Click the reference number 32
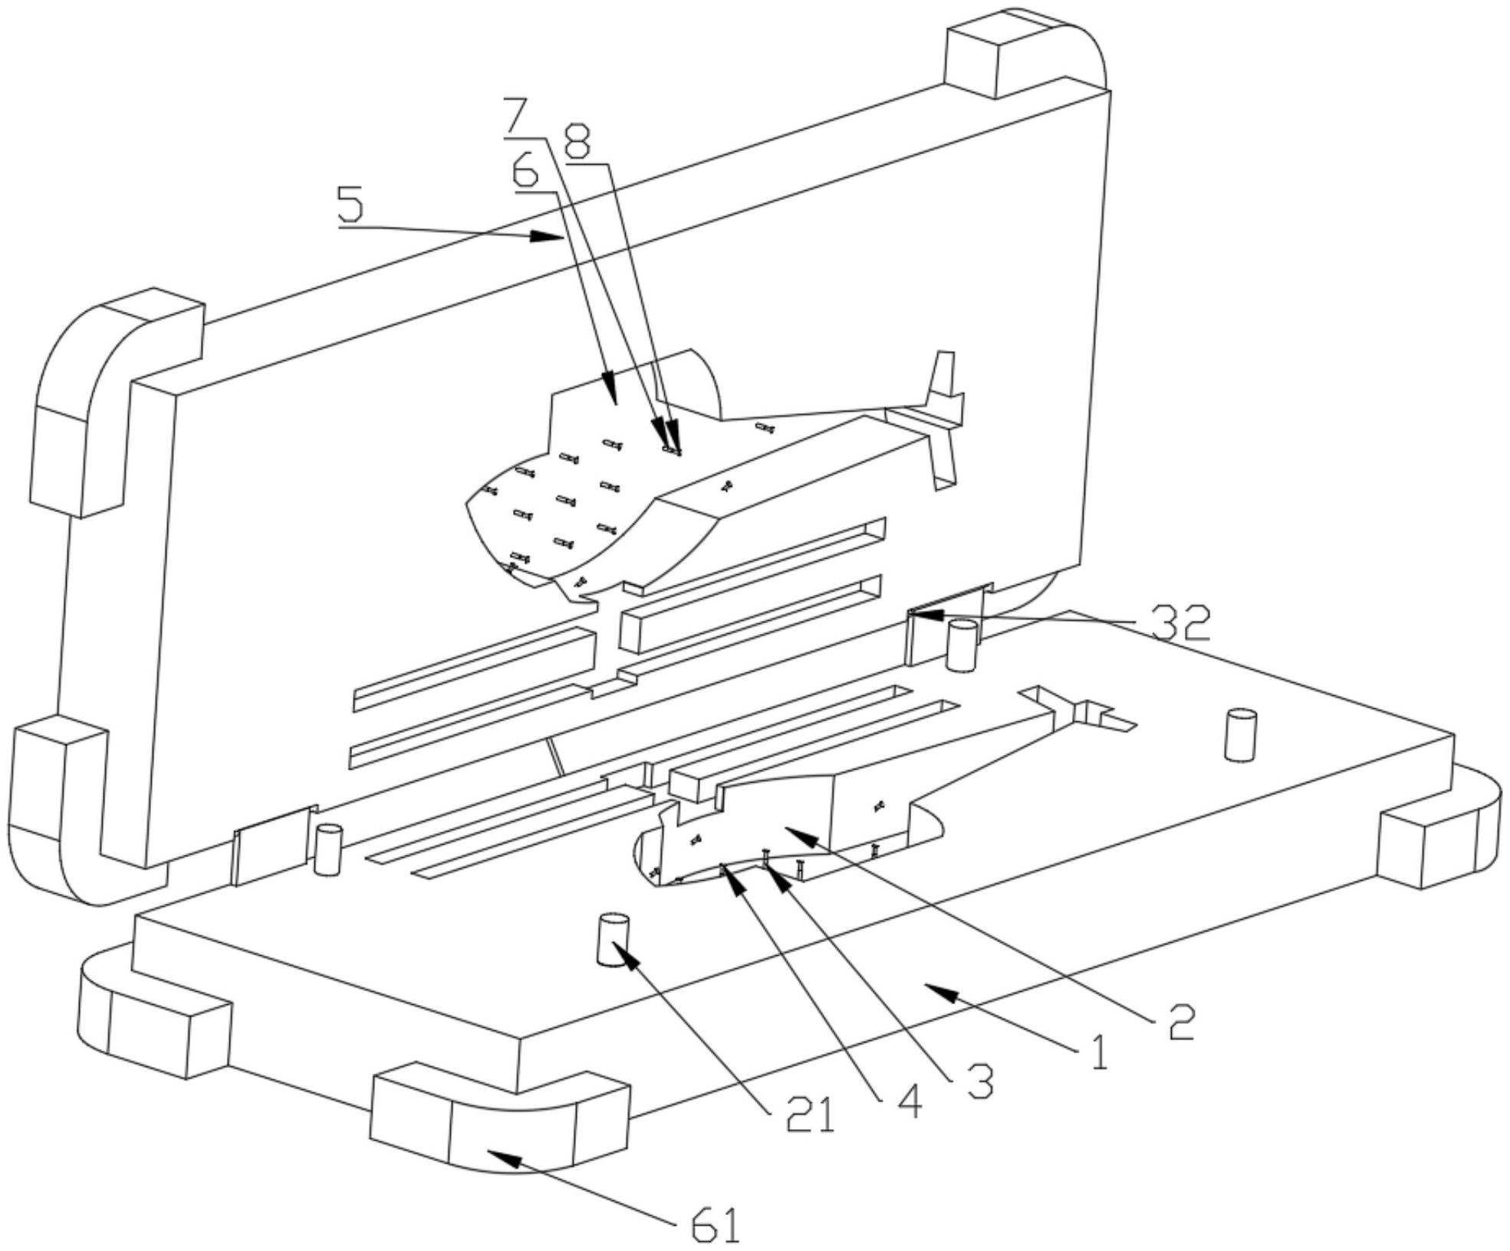[1181, 623]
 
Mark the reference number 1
[1099, 1052]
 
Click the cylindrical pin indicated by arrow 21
[613, 939]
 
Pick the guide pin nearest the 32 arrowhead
[962, 645]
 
